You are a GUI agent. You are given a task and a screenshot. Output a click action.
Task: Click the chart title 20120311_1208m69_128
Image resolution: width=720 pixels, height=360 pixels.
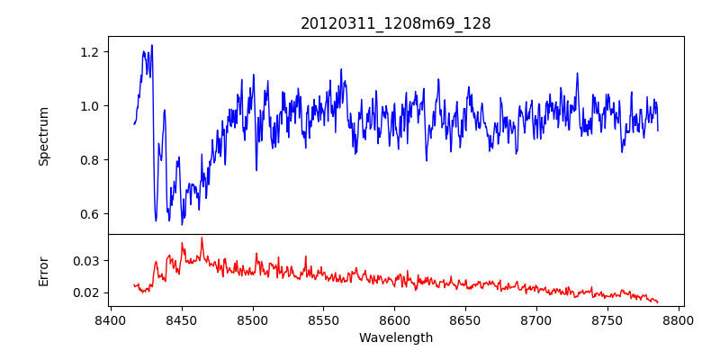[395, 23]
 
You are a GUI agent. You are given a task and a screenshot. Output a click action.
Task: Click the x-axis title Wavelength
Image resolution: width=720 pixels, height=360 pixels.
[395, 337]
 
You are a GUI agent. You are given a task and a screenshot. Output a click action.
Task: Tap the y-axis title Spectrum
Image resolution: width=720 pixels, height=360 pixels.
[43, 136]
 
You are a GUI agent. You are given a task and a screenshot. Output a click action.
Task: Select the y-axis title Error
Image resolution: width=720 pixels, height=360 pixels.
[43, 271]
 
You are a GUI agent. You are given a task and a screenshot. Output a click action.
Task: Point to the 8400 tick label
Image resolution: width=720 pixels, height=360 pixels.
[110, 319]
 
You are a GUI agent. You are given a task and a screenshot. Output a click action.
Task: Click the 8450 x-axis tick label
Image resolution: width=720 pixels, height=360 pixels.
[181, 319]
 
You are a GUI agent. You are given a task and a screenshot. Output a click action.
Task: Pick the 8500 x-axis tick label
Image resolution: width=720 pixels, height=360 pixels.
[253, 319]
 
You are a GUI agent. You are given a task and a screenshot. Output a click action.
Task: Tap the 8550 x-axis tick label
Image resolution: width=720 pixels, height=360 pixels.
[324, 319]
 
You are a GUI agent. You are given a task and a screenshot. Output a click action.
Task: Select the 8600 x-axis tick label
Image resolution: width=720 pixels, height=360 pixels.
[395, 319]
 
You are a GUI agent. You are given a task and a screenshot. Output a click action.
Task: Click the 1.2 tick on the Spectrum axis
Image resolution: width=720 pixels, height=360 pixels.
[89, 52]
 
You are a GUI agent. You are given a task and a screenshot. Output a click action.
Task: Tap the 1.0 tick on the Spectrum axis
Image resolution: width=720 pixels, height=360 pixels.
[89, 106]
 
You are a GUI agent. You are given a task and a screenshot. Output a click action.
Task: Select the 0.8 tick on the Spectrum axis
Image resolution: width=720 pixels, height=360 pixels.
[89, 160]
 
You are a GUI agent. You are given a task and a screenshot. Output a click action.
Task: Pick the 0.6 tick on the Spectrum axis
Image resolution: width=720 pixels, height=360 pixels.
[89, 214]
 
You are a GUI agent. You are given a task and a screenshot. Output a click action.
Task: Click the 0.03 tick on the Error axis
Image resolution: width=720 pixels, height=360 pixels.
[85, 261]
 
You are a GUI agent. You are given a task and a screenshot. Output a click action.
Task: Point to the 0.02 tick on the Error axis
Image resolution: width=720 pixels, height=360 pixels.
[85, 292]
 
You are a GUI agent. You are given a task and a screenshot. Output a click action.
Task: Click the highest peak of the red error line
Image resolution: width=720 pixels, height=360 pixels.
[202, 238]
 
